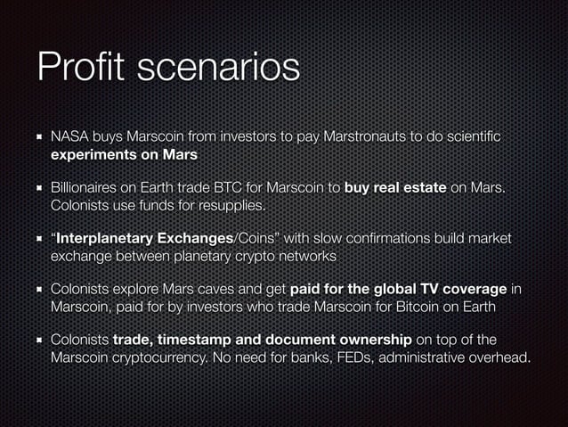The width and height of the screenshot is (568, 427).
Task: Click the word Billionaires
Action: tap(90, 189)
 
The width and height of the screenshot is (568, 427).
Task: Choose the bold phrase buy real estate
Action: tap(395, 189)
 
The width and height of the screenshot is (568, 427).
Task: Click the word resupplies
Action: tap(233, 206)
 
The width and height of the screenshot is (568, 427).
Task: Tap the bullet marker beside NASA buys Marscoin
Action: tap(39, 138)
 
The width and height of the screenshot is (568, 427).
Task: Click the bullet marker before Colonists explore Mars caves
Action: tap(39, 290)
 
